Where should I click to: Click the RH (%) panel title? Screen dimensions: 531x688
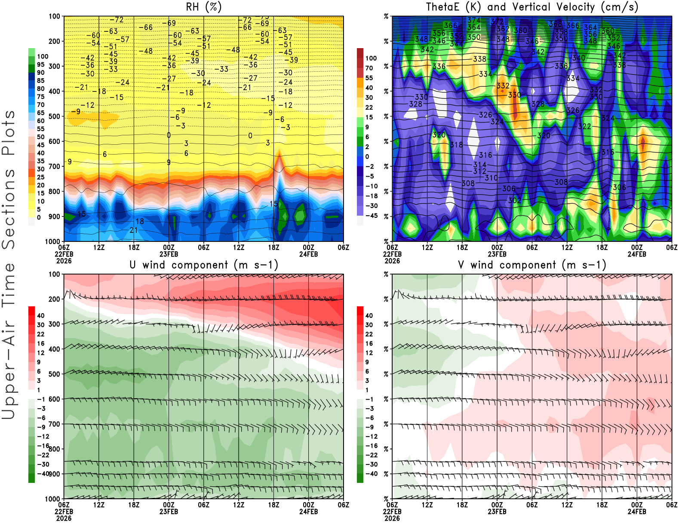[x=203, y=7]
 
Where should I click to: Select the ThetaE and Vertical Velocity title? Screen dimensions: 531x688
[x=532, y=7]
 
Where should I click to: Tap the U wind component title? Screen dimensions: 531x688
[x=203, y=265]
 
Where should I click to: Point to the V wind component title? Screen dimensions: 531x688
[x=532, y=265]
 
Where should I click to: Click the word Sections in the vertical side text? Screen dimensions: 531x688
[x=9, y=208]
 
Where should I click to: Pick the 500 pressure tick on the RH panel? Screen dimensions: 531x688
[x=55, y=116]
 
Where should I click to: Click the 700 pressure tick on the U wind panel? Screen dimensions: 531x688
[x=55, y=424]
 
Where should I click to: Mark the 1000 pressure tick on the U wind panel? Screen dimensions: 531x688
[x=53, y=499]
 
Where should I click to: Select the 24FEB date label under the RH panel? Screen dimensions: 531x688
[x=308, y=254]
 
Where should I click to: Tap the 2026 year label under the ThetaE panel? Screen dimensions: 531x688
[x=392, y=261]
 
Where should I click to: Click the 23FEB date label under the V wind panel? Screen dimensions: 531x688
[x=497, y=512]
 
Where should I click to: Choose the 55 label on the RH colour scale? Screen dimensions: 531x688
[x=40, y=129]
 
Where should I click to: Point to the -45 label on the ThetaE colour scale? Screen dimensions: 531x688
[x=371, y=216]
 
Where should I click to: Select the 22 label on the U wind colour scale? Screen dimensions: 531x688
[x=40, y=334]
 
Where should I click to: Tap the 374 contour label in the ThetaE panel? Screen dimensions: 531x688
[x=474, y=20]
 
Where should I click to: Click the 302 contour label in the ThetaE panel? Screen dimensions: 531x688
[x=514, y=201]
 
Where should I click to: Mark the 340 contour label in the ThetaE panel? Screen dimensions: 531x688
[x=578, y=58]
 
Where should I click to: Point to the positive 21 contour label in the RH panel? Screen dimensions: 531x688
[x=134, y=230]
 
